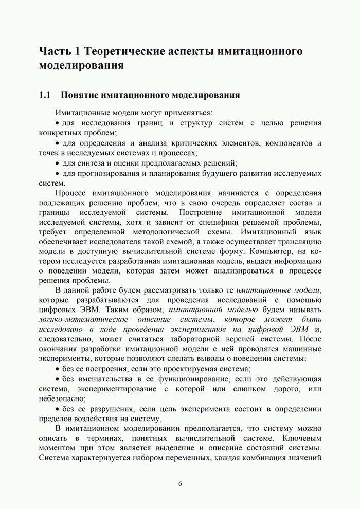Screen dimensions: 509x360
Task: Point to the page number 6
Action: [180, 483]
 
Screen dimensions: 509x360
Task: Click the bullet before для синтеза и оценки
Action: [57, 163]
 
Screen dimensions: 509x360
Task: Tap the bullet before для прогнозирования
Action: [57, 174]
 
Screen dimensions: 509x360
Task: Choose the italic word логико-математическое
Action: [77, 319]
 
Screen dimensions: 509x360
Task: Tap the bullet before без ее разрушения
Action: [57, 409]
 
